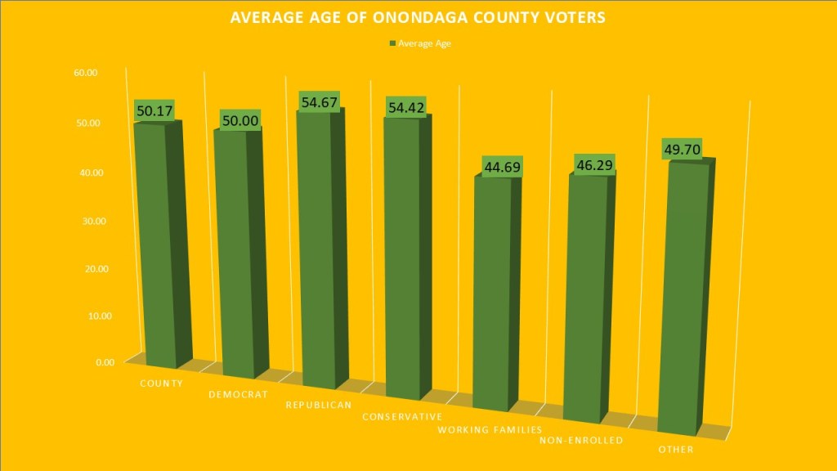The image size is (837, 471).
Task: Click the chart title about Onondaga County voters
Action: coord(418,17)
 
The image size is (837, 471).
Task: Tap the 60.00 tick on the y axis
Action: coord(86,73)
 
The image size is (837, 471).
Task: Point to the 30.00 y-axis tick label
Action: coord(86,221)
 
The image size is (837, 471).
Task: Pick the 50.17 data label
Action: coord(154,110)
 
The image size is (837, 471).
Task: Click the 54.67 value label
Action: coord(319,99)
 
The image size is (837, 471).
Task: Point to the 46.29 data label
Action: coord(590,164)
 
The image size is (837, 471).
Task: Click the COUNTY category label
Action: coord(160,383)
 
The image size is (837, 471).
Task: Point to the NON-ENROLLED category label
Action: coord(581,441)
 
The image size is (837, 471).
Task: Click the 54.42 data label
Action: coord(407,107)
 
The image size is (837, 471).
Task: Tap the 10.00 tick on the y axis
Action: coord(86,316)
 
